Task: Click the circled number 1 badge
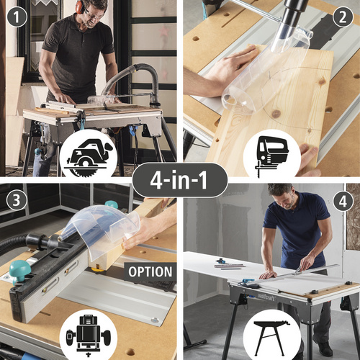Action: click(x=17, y=17)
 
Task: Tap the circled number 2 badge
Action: click(x=343, y=17)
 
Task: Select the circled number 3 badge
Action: click(x=17, y=200)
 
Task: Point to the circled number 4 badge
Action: click(x=343, y=201)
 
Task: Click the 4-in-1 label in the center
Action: click(x=179, y=180)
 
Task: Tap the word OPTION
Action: click(x=150, y=271)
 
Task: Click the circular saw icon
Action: click(x=89, y=158)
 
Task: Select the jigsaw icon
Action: click(x=271, y=156)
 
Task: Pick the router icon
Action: click(x=89, y=336)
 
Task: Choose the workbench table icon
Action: click(x=271, y=338)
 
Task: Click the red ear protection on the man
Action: click(x=80, y=6)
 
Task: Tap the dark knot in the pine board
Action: click(x=276, y=114)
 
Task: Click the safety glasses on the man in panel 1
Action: click(x=93, y=14)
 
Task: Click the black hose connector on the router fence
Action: click(x=41, y=241)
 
